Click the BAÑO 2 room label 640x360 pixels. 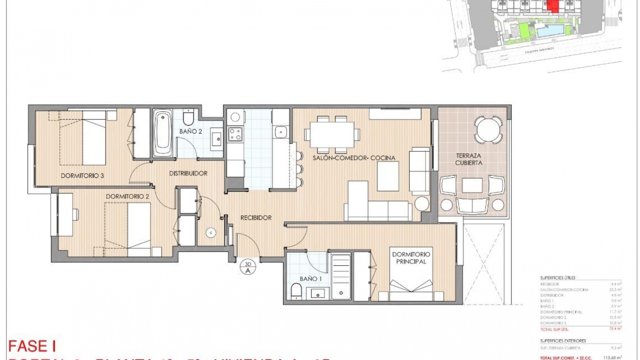(190, 131)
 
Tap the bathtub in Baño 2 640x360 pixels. (163, 134)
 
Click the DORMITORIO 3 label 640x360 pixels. (82, 176)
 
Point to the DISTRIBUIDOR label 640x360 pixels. (188, 173)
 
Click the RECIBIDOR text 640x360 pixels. (256, 218)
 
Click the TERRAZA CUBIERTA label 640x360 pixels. (469, 159)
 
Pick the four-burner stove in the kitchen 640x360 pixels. (235, 134)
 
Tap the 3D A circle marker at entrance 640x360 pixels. (248, 267)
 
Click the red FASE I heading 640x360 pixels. (32, 346)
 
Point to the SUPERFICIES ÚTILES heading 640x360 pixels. (558, 278)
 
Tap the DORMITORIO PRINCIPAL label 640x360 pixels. (411, 258)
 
